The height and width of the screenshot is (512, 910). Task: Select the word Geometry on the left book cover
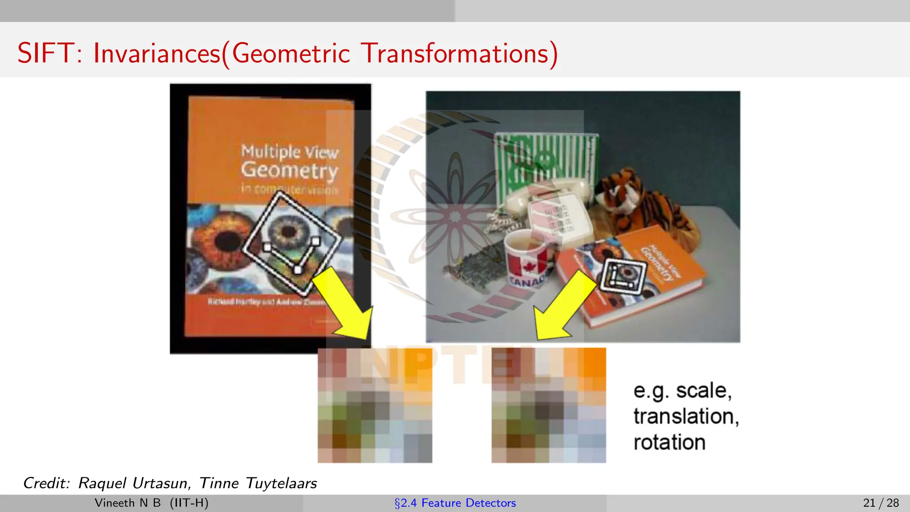(x=289, y=171)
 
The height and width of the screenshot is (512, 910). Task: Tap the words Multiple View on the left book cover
(x=289, y=152)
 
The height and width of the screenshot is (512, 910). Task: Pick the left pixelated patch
(x=375, y=405)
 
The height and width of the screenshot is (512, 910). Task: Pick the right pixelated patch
(x=548, y=405)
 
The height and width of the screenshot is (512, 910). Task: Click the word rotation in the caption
(x=669, y=443)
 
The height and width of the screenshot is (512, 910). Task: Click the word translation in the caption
(x=686, y=416)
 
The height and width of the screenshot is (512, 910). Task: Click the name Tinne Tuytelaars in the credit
(x=258, y=483)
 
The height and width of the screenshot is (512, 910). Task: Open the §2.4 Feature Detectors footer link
(x=455, y=503)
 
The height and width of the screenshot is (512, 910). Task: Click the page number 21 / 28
(x=881, y=503)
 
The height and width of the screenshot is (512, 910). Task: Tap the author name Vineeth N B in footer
(x=128, y=503)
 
